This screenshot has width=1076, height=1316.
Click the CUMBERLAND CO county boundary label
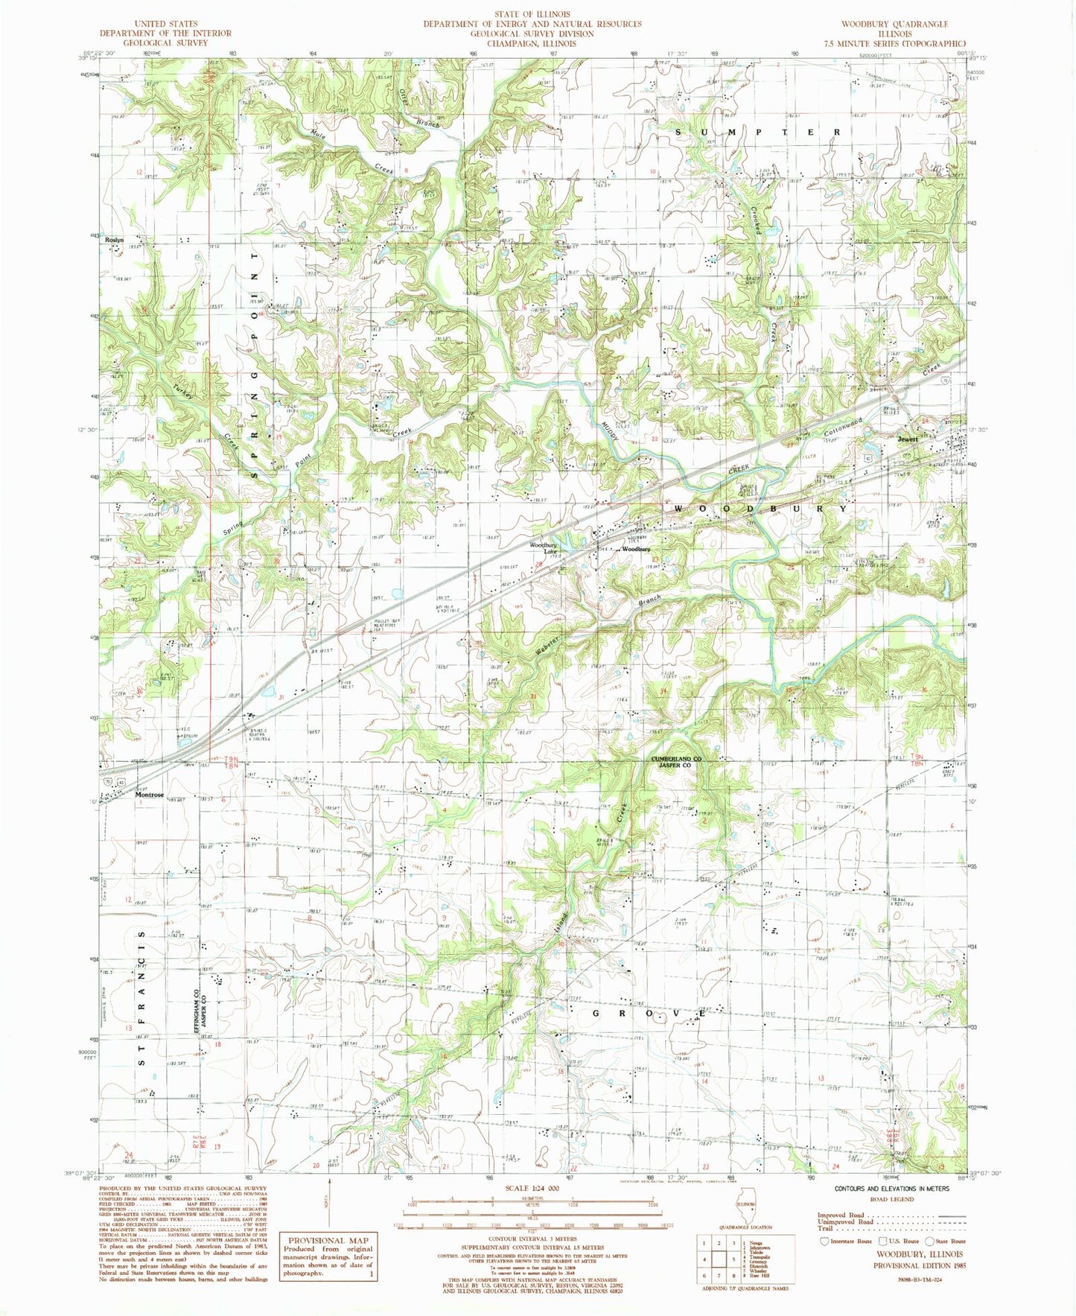point(677,759)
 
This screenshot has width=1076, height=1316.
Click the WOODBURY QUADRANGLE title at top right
point(894,24)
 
